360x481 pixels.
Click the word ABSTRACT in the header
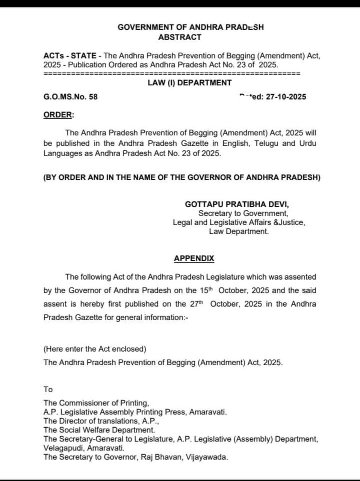pyautogui.click(x=180, y=37)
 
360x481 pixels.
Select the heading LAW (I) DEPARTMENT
pyautogui.click(x=190, y=83)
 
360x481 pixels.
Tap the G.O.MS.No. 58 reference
pyautogui.click(x=70, y=97)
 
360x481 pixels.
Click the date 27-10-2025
pyautogui.click(x=286, y=97)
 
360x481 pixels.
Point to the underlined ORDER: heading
pyautogui.click(x=59, y=115)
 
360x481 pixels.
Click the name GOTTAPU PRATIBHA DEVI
pyautogui.click(x=237, y=204)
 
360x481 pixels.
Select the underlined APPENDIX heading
pyautogui.click(x=194, y=258)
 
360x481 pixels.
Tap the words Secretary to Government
pyautogui.click(x=243, y=213)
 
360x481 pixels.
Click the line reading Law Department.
pyautogui.click(x=239, y=231)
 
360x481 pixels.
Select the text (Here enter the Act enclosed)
pyautogui.click(x=95, y=349)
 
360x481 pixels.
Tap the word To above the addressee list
pyautogui.click(x=48, y=389)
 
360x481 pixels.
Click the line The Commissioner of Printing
pyautogui.click(x=96, y=403)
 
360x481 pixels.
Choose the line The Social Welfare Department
pyautogui.click(x=99, y=430)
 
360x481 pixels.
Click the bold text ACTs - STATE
pyautogui.click(x=70, y=56)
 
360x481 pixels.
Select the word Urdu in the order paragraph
pyautogui.click(x=308, y=143)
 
